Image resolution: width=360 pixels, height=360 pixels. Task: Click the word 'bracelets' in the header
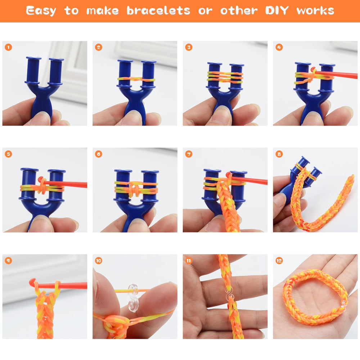(158, 11)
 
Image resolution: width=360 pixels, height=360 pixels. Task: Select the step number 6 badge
(99, 154)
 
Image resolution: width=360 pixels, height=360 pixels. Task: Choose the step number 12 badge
(279, 261)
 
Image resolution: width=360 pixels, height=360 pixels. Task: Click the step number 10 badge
(99, 261)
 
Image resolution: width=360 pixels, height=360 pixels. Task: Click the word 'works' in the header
(315, 11)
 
